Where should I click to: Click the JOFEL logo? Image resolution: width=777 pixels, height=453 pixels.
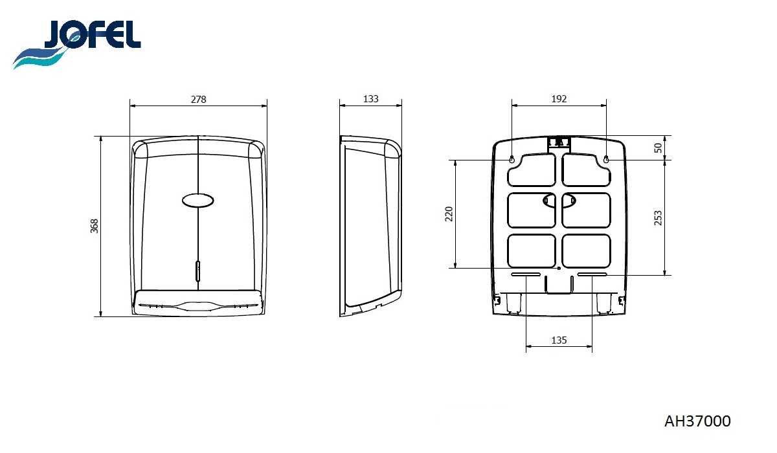point(76,43)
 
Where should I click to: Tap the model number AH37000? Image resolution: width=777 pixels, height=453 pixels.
point(697,421)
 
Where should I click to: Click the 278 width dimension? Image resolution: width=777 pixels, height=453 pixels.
point(198,100)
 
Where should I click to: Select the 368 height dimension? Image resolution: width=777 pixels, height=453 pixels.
point(95,226)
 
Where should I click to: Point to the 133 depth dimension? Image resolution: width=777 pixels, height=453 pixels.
point(370,99)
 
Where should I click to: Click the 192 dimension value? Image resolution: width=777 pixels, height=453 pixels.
point(559,99)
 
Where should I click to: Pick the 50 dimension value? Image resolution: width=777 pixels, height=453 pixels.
point(658,148)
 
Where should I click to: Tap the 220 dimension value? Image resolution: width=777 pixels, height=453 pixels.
point(449,214)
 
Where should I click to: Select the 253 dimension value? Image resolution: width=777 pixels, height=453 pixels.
point(658,218)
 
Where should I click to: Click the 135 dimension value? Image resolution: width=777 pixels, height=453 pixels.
point(559,340)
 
